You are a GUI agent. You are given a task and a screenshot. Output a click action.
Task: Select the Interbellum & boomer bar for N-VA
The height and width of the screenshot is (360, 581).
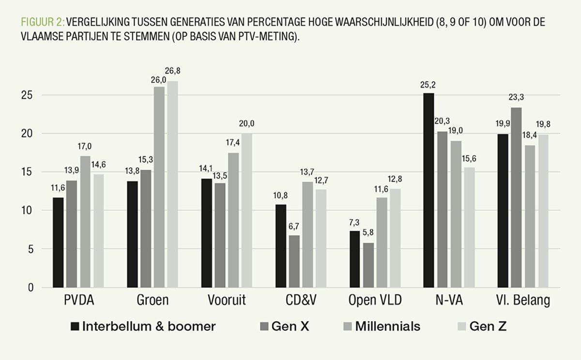(x=428, y=191)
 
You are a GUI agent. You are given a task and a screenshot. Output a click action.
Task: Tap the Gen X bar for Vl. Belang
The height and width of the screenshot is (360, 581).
(x=517, y=198)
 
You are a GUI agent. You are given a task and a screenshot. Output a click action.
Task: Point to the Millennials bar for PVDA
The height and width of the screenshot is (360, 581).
(x=85, y=222)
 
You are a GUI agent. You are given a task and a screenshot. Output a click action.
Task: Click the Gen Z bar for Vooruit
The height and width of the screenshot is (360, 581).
(x=246, y=210)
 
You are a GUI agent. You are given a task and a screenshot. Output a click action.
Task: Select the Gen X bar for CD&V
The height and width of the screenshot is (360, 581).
(x=294, y=262)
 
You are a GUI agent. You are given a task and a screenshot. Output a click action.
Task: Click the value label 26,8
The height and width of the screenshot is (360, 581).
(x=172, y=71)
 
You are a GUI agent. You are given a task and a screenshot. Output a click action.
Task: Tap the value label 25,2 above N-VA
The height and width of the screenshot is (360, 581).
(x=428, y=84)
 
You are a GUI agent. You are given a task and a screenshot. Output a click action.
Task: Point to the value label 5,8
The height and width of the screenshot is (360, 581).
(x=369, y=234)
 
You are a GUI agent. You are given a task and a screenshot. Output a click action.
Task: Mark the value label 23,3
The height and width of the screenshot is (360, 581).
(x=517, y=98)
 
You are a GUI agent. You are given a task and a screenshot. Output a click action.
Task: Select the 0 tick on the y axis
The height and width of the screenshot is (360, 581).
(x=31, y=288)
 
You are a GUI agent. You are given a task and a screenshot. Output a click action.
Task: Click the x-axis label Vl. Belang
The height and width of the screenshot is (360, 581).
(x=523, y=301)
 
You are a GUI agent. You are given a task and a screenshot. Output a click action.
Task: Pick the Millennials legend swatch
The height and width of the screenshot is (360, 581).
(x=346, y=327)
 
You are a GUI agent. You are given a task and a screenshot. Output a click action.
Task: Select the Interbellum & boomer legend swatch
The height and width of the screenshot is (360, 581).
(x=74, y=327)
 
